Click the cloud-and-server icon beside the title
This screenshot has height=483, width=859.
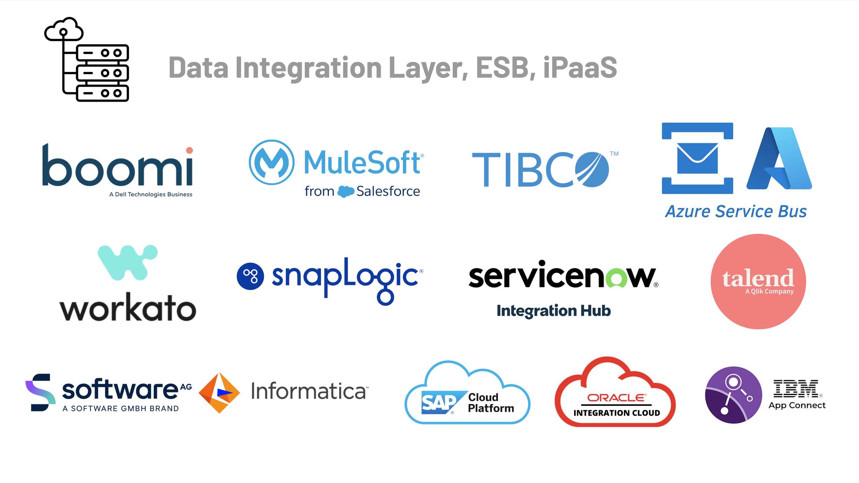pyautogui.click(x=87, y=59)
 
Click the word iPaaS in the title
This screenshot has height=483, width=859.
pyautogui.click(x=580, y=67)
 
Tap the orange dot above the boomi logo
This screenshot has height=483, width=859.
pyautogui.click(x=189, y=150)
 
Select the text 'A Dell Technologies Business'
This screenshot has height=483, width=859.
pyautogui.click(x=150, y=194)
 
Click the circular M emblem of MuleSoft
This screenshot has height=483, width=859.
pyautogui.click(x=271, y=162)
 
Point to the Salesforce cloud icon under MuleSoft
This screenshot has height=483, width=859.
pyautogui.click(x=346, y=192)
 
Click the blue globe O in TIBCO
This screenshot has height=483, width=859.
pyautogui.click(x=592, y=169)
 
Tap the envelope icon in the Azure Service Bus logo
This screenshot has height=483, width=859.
pyautogui.click(x=697, y=158)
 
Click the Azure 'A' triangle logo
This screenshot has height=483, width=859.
pyautogui.click(x=779, y=159)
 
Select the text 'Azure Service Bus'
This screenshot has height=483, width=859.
pyautogui.click(x=736, y=211)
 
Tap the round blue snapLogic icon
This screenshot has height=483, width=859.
pyautogui.click(x=250, y=276)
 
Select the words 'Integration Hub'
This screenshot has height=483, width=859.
pyautogui.click(x=554, y=311)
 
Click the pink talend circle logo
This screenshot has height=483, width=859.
pyautogui.click(x=758, y=281)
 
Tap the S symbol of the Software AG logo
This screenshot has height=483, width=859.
pyautogui.click(x=41, y=392)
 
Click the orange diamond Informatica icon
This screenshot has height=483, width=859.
pyautogui.click(x=219, y=393)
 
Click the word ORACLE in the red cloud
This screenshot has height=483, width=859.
pyautogui.click(x=616, y=398)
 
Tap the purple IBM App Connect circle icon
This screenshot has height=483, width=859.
pyautogui.click(x=733, y=395)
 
